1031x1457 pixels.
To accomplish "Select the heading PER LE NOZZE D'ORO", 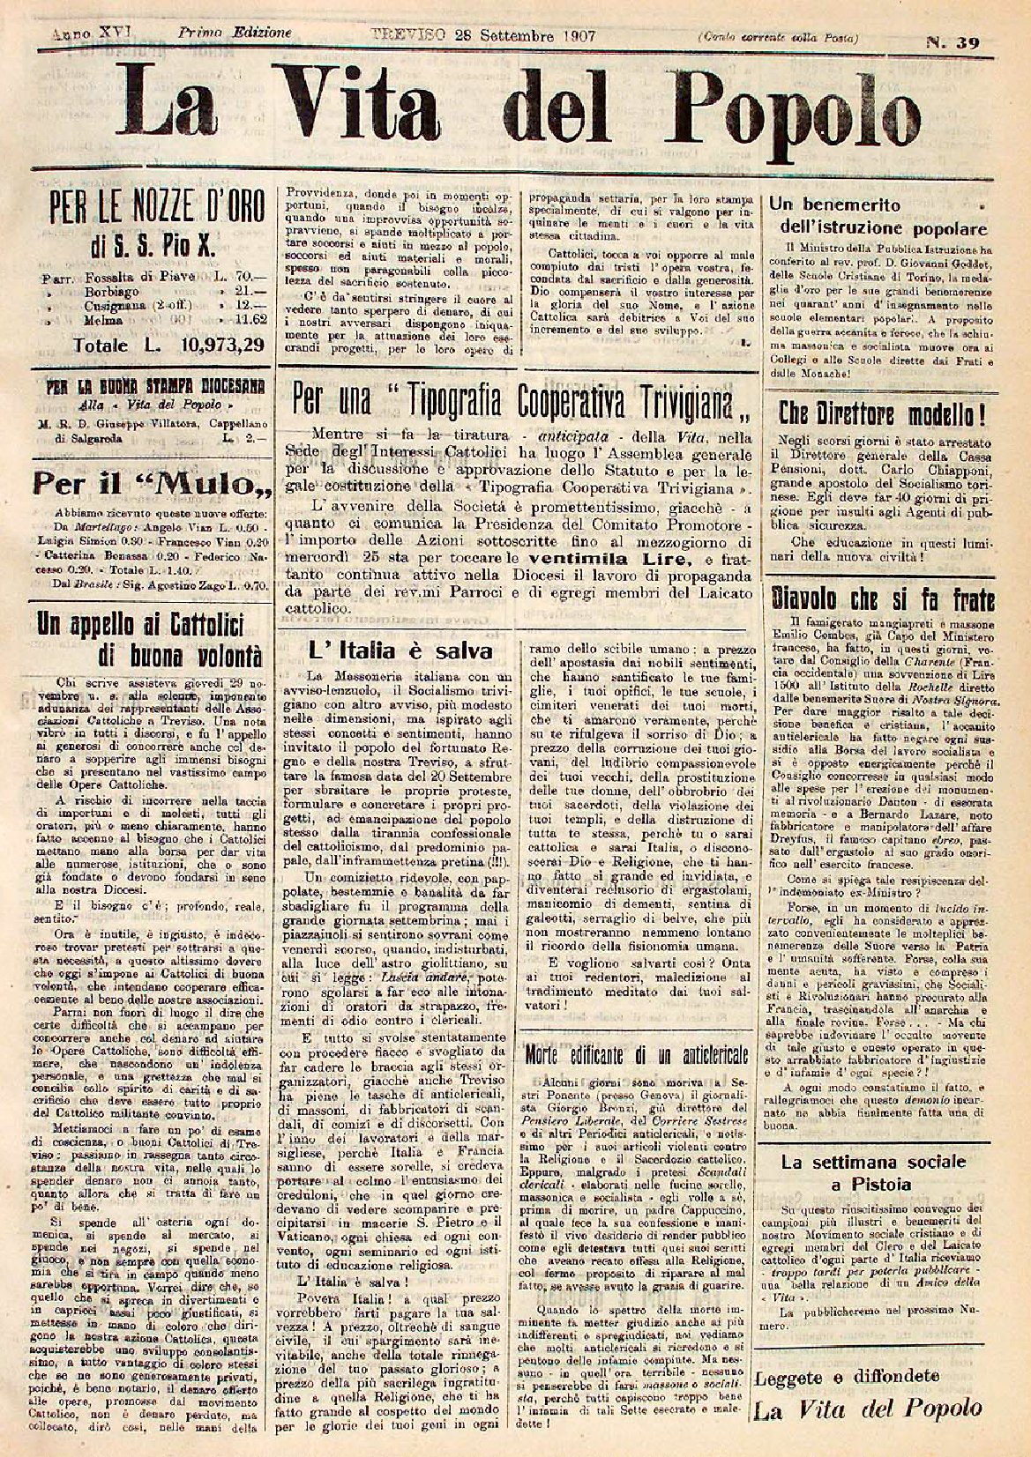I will point(145,209).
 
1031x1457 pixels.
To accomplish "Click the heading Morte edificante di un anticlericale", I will point(636,1052).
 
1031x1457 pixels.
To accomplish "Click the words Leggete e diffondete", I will point(859,1375).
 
